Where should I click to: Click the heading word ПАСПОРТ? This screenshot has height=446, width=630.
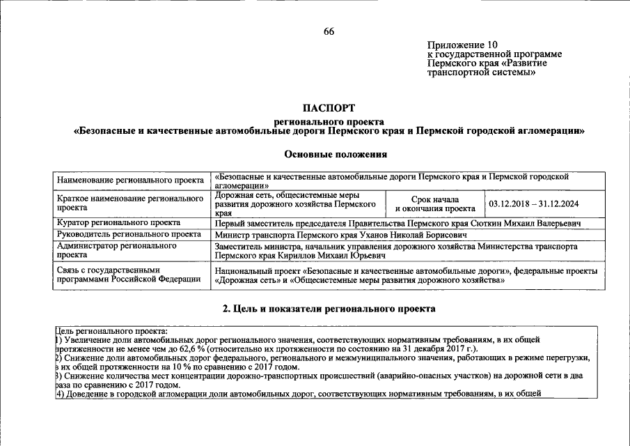[329, 108]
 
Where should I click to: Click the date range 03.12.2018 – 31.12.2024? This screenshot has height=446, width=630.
[534, 204]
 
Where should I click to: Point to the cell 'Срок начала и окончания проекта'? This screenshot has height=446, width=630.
[435, 204]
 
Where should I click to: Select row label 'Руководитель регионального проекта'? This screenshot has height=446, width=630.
[129, 235]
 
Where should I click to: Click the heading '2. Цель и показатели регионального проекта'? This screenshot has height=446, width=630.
[329, 308]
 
